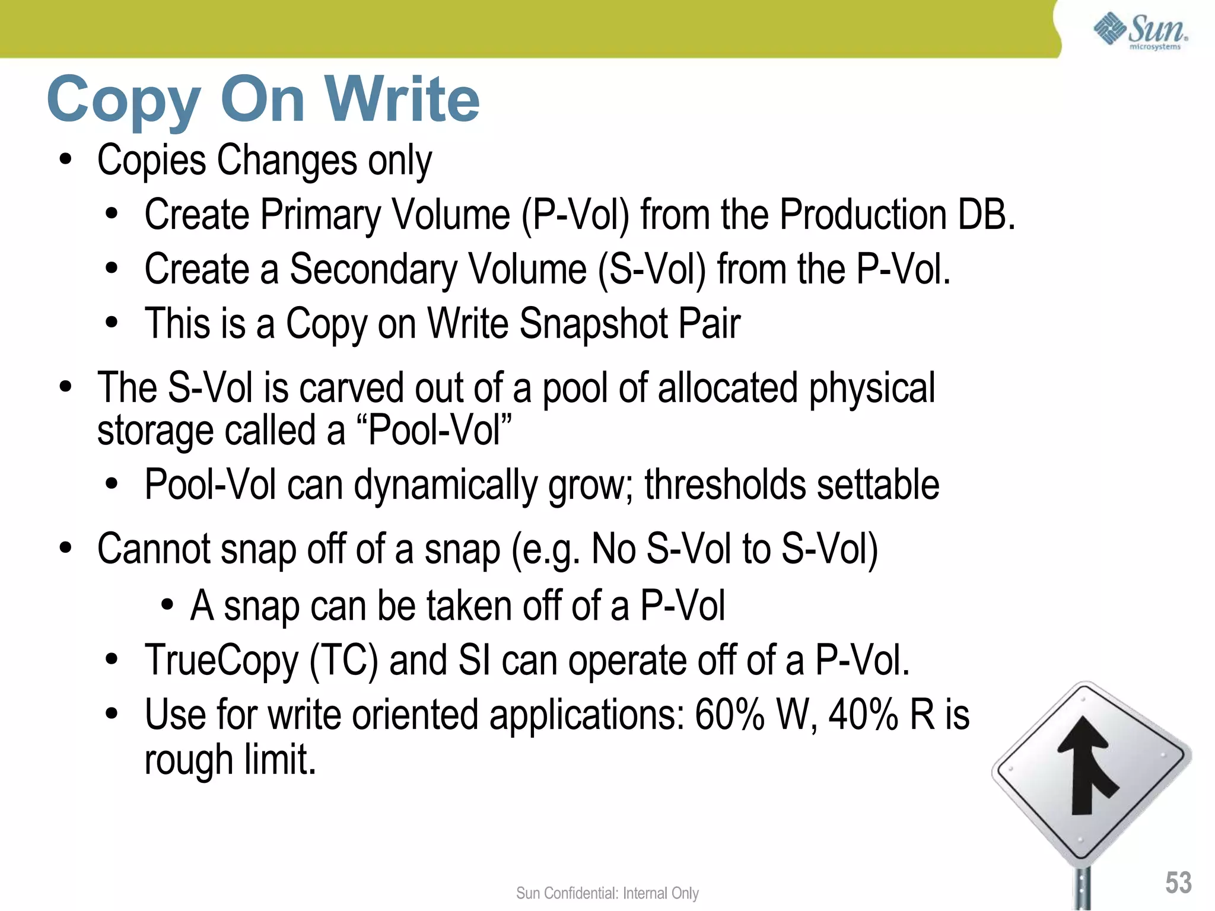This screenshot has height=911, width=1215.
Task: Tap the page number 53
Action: coord(1178,883)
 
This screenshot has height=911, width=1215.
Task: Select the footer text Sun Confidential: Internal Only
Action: coord(607,893)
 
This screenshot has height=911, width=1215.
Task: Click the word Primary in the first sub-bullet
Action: coord(321,215)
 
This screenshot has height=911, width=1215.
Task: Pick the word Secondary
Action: coord(373,269)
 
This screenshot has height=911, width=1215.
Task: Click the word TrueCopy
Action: coord(221,661)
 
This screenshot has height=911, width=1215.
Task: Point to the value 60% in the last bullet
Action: coord(729,715)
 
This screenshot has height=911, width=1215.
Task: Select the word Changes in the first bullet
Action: coord(287,160)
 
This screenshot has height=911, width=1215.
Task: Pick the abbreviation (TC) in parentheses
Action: coord(343,661)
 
